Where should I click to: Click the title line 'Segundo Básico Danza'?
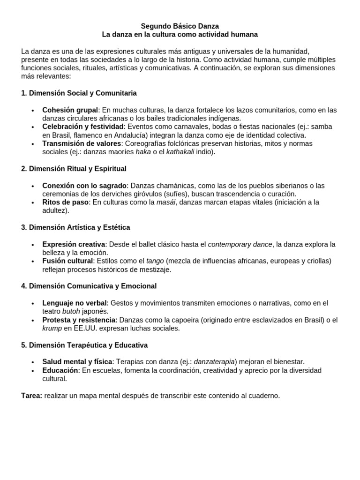click(180, 27)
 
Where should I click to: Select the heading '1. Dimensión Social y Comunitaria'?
click(79, 93)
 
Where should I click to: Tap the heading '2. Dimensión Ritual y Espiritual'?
click(74, 168)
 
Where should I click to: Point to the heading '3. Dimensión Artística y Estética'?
click(75, 227)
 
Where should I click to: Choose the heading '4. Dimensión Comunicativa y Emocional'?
click(89, 286)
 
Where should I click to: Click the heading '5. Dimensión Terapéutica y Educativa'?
click(84, 345)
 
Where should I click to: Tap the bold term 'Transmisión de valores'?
click(82, 143)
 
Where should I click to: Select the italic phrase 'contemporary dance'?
click(240, 244)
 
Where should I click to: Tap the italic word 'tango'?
click(155, 261)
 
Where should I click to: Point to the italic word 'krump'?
click(52, 328)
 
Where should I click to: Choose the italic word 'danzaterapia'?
click(214, 362)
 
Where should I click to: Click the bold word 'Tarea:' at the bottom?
click(32, 396)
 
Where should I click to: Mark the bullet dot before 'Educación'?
click(32, 371)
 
